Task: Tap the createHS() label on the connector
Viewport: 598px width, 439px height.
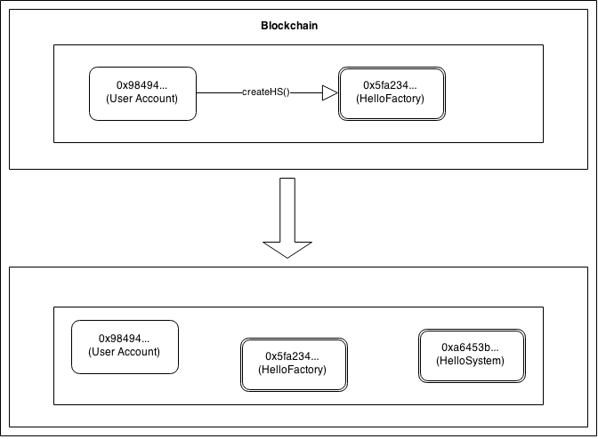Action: click(x=265, y=93)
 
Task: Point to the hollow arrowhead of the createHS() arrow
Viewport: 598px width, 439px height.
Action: click(x=329, y=93)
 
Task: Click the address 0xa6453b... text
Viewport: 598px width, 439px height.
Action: click(x=471, y=347)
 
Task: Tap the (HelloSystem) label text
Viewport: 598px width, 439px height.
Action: click(x=471, y=361)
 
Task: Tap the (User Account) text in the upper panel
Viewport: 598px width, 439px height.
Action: click(x=142, y=99)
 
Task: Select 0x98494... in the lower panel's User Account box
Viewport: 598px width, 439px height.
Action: click(x=125, y=339)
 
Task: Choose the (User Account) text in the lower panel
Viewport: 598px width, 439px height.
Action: click(x=125, y=352)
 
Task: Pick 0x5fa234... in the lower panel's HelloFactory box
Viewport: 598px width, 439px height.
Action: click(x=292, y=355)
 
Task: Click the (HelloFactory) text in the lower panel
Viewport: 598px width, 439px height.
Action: click(x=292, y=369)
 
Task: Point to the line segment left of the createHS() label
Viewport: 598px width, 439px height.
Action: click(x=218, y=93)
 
